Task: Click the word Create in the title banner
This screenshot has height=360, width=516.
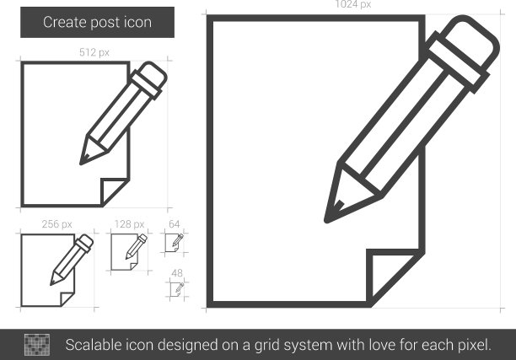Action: point(64,23)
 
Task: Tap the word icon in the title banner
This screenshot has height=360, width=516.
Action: point(137,23)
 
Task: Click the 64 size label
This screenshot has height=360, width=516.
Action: point(174,224)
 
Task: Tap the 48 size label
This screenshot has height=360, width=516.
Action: point(177,273)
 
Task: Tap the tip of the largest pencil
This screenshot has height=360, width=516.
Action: point(326,221)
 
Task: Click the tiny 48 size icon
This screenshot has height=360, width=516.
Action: point(177,289)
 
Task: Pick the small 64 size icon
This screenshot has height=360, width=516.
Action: point(174,243)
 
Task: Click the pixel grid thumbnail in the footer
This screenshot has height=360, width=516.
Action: point(37,345)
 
